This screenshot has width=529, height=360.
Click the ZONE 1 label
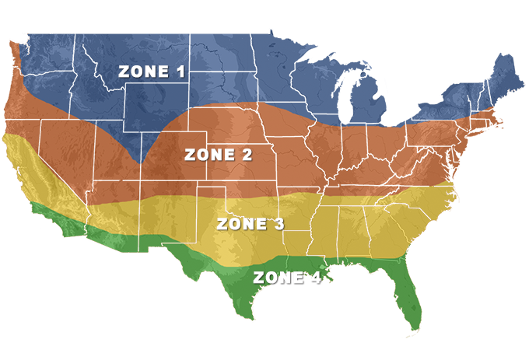(152, 72)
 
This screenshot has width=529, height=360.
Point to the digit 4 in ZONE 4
(314, 277)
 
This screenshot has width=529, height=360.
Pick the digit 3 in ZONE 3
(278, 224)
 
